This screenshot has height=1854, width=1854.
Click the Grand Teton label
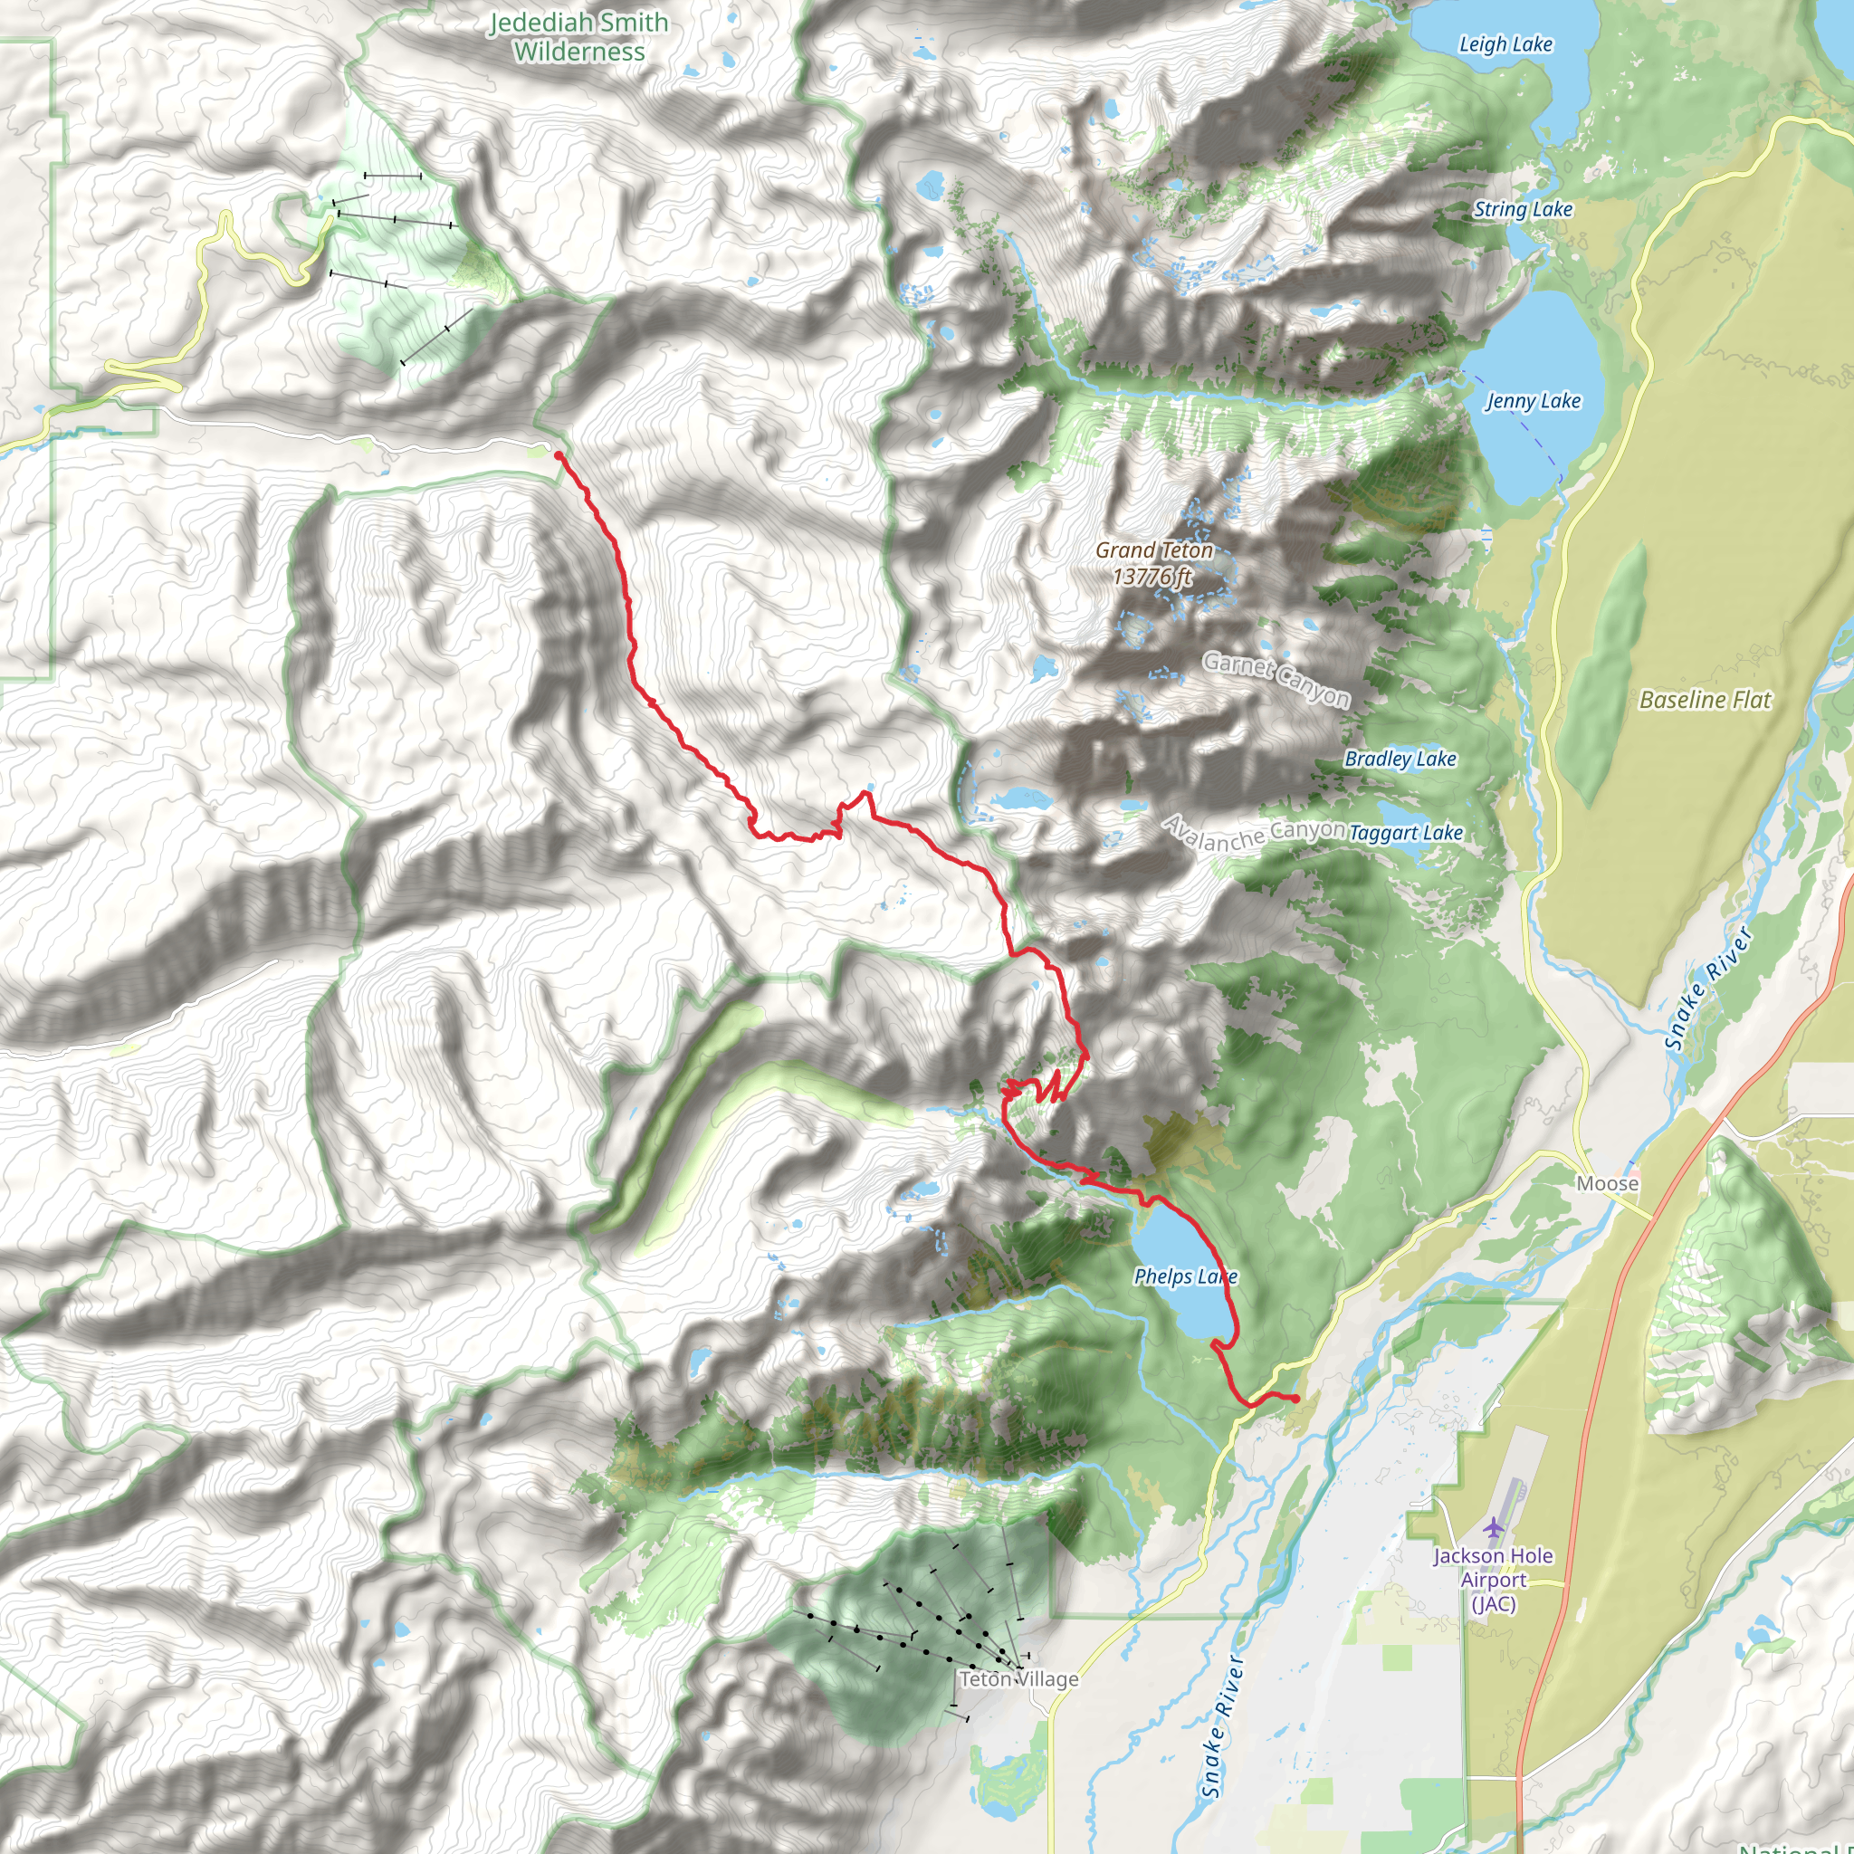pos(1154,550)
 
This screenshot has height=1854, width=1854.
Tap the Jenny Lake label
pos(1533,401)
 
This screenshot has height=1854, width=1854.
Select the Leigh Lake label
pos(1505,44)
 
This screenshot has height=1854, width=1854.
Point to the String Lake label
pos(1523,209)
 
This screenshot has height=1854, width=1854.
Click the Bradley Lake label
pos(1400,759)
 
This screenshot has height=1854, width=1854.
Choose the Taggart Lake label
pos(1406,833)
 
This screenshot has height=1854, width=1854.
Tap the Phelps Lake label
pos(1185,1276)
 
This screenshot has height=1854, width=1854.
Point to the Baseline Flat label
pos(1705,700)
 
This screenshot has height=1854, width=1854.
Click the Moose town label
pos(1608,1183)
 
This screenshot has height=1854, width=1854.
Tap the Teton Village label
pos(1019,1678)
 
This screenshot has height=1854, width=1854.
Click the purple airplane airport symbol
pos(1493,1525)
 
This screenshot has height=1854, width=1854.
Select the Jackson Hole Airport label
pos(1493,1579)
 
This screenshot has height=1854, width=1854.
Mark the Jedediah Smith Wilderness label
pos(578,36)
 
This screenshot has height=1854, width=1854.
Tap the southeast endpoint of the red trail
pos(1295,1398)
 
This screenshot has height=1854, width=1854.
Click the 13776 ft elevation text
pos(1152,576)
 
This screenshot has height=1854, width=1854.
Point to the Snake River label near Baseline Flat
pos(1707,989)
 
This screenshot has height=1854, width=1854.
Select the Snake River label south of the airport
pos(1221,1727)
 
